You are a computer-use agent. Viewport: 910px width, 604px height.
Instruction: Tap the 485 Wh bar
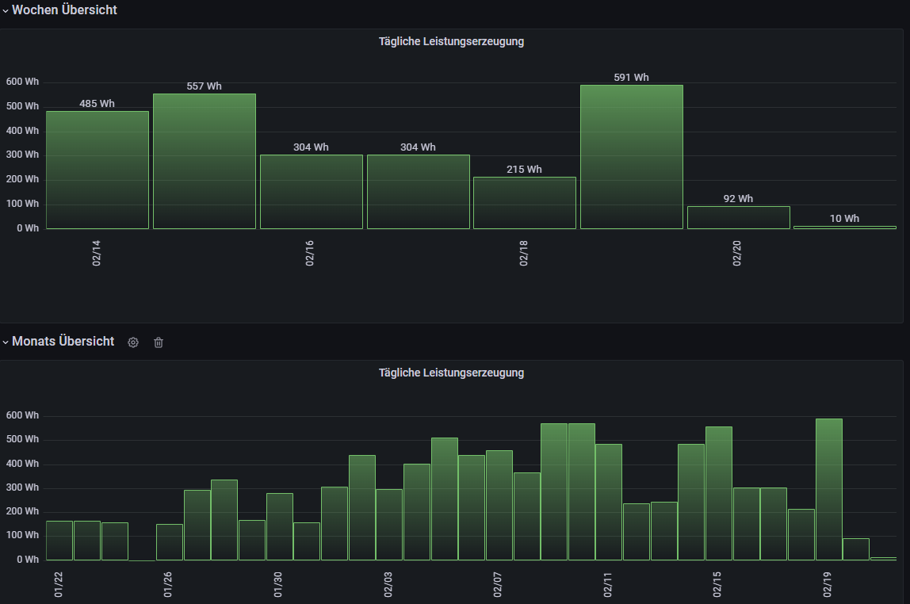pyautogui.click(x=97, y=170)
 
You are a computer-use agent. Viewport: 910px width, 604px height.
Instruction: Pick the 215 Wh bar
pyautogui.click(x=525, y=203)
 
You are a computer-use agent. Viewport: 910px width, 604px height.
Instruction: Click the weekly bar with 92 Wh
pyautogui.click(x=738, y=218)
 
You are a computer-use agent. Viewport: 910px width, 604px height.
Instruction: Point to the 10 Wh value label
pyautogui.click(x=844, y=219)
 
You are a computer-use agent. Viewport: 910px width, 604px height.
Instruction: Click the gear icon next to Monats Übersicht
pyautogui.click(x=133, y=342)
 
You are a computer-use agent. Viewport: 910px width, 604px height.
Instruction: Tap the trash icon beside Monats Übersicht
pyautogui.click(x=159, y=342)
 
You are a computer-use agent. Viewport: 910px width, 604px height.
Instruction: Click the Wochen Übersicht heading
pyautogui.click(x=64, y=10)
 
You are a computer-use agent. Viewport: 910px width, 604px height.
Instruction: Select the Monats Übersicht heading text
pyautogui.click(x=63, y=342)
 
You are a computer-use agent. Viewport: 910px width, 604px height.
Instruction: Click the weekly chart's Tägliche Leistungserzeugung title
pyautogui.click(x=451, y=41)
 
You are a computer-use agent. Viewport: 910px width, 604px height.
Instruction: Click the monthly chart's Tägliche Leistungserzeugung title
pyautogui.click(x=451, y=373)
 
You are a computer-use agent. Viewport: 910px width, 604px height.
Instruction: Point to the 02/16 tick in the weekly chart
pyautogui.click(x=310, y=248)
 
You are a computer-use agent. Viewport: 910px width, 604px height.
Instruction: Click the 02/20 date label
pyautogui.click(x=737, y=248)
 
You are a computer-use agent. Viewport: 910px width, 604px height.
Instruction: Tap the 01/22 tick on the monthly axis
pyautogui.click(x=59, y=584)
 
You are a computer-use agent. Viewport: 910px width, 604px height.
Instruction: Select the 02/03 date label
pyautogui.click(x=388, y=584)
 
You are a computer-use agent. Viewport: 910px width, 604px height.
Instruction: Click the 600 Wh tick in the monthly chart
pyautogui.click(x=22, y=415)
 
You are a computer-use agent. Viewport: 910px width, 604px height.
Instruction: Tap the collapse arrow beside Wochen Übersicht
pyautogui.click(x=6, y=11)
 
